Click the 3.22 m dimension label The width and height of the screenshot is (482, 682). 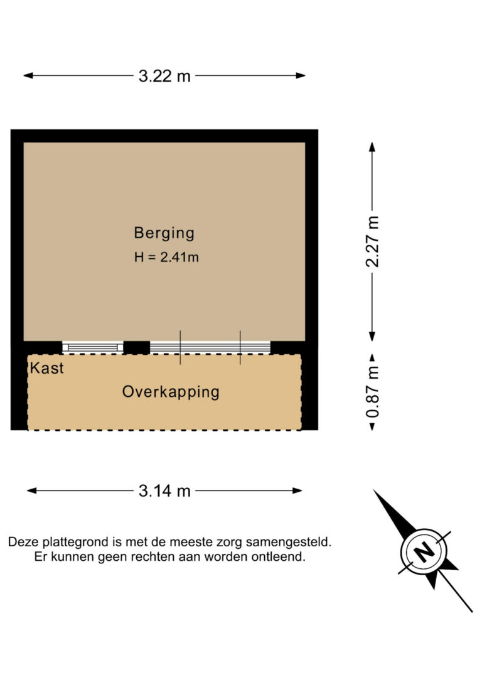[164, 76]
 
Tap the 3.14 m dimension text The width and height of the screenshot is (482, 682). [164, 491]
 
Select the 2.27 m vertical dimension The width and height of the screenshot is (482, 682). [372, 241]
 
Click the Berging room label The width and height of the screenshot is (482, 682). [164, 233]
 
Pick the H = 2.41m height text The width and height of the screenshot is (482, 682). [166, 257]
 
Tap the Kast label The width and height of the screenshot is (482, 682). [47, 368]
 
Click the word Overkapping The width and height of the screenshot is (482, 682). [171, 392]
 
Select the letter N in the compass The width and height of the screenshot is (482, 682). [422, 551]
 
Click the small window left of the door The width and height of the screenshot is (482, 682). [93, 347]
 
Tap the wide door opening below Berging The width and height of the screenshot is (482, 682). [210, 347]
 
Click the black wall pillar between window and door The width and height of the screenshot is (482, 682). [136, 347]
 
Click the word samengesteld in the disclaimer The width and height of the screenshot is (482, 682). [289, 543]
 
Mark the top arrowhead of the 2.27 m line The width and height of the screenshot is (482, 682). [372, 147]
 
